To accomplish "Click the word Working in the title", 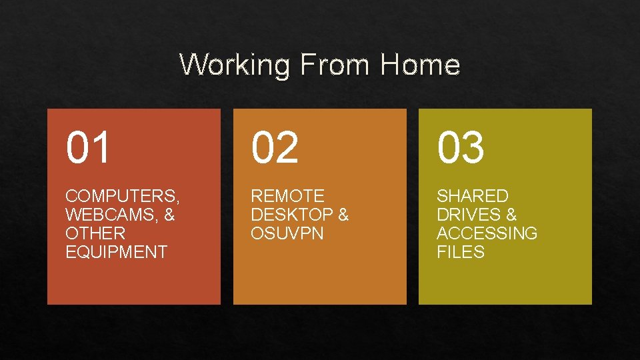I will click(235, 65).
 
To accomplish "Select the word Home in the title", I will click(421, 65).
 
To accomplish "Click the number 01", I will click(88, 148).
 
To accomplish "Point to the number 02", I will click(274, 148).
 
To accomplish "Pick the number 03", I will click(460, 148).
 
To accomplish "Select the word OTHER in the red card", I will click(95, 233).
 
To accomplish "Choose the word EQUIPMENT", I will click(116, 252).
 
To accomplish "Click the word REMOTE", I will click(287, 196).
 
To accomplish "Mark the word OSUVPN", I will click(287, 233).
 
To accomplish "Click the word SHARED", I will click(472, 196).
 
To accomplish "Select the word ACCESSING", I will click(487, 233).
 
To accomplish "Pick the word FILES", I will click(460, 252).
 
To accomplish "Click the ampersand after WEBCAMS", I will click(168, 215).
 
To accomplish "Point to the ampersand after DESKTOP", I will click(343, 215).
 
